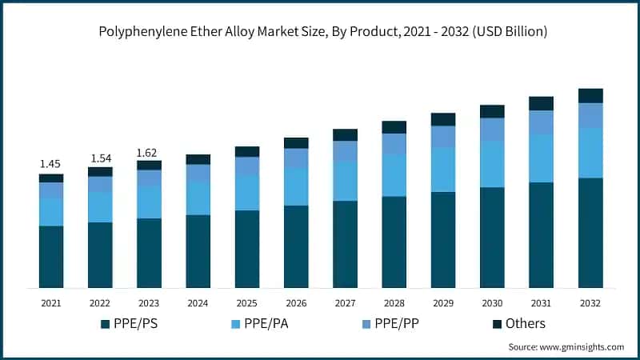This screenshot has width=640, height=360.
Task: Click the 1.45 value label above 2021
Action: pyautogui.click(x=51, y=164)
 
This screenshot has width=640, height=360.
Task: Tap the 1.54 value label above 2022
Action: pyautogui.click(x=100, y=158)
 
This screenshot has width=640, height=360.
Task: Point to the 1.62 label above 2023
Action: pyautogui.click(x=149, y=152)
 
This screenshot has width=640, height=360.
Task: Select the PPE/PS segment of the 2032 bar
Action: pyautogui.click(x=590, y=232)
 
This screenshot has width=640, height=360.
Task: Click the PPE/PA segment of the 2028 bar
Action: pyautogui.click(x=394, y=175)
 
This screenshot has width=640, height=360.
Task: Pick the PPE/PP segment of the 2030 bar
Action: pyautogui.click(x=492, y=130)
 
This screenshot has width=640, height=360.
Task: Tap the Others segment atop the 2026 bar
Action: pyautogui.click(x=296, y=143)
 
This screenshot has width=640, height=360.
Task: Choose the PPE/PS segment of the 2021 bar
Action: pyautogui.click(x=51, y=257)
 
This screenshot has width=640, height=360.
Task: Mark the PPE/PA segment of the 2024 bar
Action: pyautogui.click(x=198, y=198)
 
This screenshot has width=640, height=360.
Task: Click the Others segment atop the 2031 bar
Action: pyautogui.click(x=541, y=103)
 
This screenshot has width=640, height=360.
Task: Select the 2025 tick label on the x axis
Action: pyautogui.click(x=246, y=304)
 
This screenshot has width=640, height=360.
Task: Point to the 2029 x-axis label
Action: pyautogui.click(x=442, y=304)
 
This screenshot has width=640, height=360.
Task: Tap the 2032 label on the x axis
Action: pyautogui.click(x=590, y=304)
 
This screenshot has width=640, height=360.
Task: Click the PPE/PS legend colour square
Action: pyautogui.click(x=105, y=324)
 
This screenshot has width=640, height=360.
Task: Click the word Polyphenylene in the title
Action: pyautogui.click(x=142, y=33)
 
